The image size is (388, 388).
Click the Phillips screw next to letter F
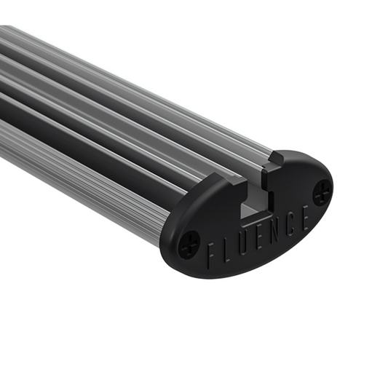(188, 243)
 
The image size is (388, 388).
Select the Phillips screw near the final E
(322, 191)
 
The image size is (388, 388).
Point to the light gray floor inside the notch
(252, 213)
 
